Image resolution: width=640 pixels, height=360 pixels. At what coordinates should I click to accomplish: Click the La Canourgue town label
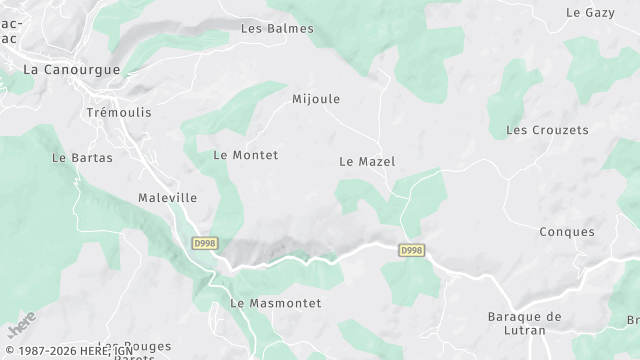tap(71, 70)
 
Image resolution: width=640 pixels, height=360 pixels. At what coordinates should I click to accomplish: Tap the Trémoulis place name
tap(119, 112)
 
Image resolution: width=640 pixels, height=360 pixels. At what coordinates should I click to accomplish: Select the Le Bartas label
tap(82, 158)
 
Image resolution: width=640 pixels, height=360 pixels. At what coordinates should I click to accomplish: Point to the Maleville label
tap(167, 198)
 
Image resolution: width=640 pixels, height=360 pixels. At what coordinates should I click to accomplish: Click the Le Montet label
tap(246, 155)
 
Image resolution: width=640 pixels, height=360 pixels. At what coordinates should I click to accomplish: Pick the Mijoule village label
tap(316, 99)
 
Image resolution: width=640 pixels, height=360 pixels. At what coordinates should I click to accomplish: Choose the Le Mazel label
tap(367, 161)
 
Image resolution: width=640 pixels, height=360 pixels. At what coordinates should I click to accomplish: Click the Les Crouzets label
tap(547, 130)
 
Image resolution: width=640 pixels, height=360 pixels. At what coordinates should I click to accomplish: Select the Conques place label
tap(567, 232)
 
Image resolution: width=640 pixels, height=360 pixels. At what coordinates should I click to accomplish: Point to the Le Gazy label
tap(589, 13)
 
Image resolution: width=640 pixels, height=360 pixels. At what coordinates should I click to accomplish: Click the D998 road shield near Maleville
tap(204, 243)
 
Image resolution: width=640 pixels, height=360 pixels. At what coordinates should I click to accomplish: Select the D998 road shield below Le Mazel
tap(411, 250)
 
